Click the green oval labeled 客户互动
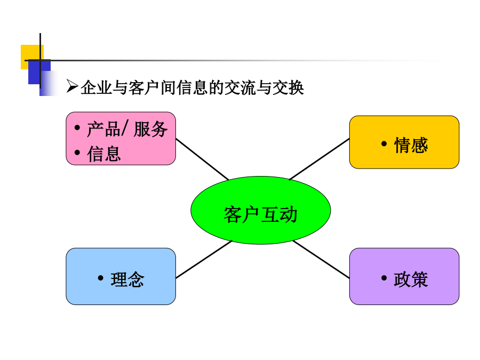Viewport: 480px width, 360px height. (260, 210)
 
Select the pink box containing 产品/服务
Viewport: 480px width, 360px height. (121, 138)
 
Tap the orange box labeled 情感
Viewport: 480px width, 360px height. (404, 142)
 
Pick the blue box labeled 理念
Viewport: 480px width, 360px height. (121, 276)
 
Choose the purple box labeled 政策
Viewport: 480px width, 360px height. (404, 276)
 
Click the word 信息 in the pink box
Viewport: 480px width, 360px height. (104, 154)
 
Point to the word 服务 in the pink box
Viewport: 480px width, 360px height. (150, 129)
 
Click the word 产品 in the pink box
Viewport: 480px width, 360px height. (104, 129)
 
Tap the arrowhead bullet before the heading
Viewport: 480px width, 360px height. (72, 86)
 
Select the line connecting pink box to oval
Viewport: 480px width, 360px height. (202, 159)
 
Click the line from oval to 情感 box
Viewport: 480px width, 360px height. (319, 159)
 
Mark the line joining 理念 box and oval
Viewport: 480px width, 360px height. (204, 260)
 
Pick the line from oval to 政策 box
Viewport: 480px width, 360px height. (321, 260)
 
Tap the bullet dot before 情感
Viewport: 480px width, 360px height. (384, 143)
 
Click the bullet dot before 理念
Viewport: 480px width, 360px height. (100, 278)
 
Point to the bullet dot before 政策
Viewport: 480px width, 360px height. (384, 278)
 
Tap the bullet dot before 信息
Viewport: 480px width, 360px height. (77, 152)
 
